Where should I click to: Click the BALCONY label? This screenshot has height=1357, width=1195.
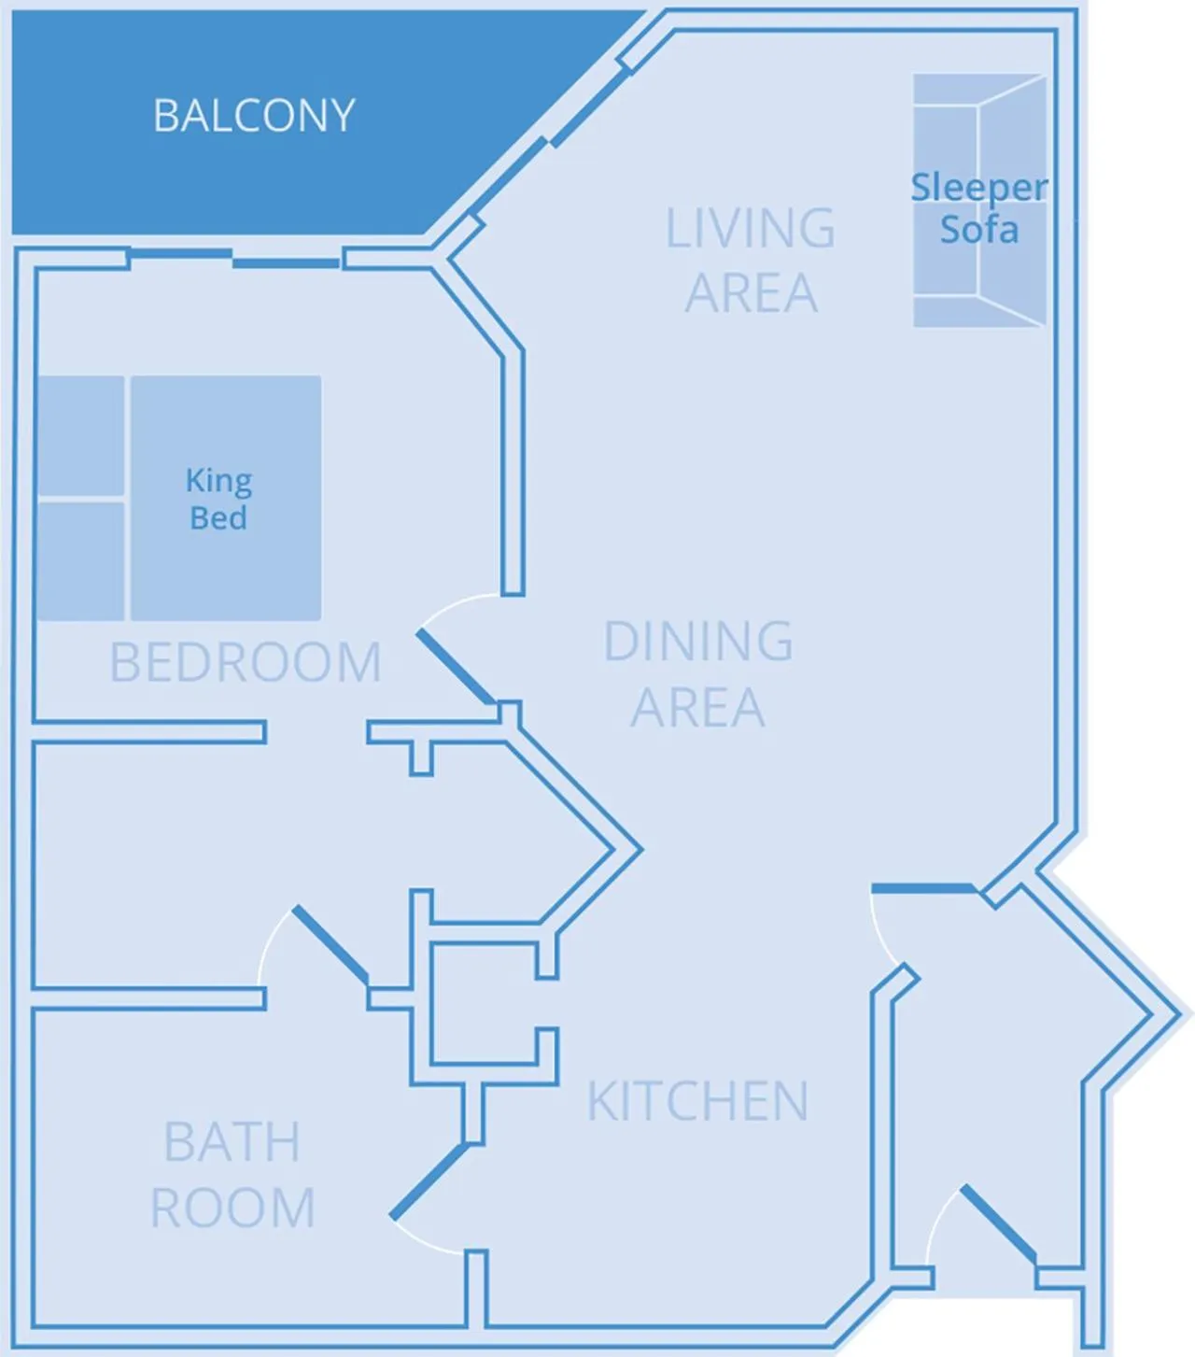point(254,116)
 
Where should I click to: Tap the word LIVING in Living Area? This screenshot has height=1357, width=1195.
point(750,229)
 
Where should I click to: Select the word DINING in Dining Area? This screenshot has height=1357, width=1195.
point(698,642)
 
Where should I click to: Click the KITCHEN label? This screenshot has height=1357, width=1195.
point(697,1101)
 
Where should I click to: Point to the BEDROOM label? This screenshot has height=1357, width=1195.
point(246,663)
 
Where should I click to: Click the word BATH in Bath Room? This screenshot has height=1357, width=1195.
point(232,1142)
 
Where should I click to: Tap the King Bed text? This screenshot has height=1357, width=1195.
point(218,499)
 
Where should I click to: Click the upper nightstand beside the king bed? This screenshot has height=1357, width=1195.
point(80,436)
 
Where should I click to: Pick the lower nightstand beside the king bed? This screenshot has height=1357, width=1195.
point(80,561)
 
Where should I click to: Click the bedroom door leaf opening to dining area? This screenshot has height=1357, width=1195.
point(455,667)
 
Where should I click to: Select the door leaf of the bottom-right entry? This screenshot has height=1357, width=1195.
point(998,1223)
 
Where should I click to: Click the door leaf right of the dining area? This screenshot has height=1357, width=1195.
point(923,887)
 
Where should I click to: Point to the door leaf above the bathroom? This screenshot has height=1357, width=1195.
point(330,944)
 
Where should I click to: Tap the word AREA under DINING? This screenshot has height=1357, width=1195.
point(697,707)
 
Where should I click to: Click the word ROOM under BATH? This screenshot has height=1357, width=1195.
point(232,1208)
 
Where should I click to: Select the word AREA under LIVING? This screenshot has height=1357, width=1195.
point(751,293)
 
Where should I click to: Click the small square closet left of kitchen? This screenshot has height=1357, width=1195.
point(483,1004)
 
